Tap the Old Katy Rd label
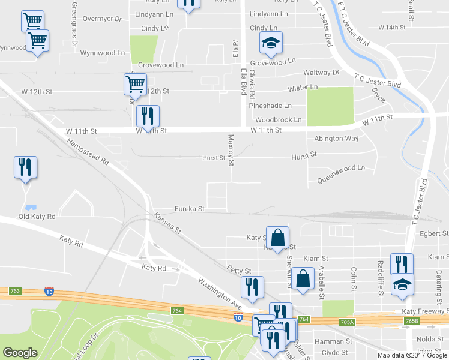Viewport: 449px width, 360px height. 37,217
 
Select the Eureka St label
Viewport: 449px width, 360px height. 190,209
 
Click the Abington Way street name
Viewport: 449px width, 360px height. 336,139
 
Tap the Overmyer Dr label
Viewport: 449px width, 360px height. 102,19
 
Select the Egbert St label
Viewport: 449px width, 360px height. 435,233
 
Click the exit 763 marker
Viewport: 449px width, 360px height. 15,291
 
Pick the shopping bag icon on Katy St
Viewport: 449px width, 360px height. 277,238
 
